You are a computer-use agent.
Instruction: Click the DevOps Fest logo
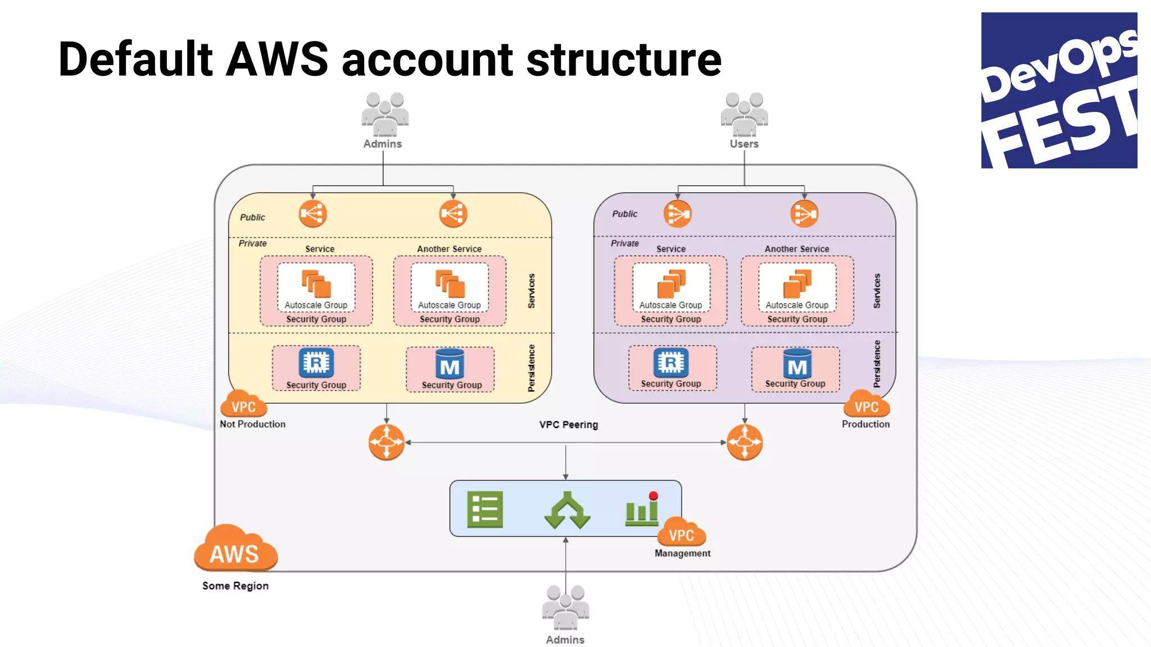tap(1059, 90)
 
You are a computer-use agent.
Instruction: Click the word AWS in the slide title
tap(277, 60)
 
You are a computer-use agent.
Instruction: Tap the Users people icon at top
tap(744, 115)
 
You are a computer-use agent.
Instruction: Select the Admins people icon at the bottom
tap(565, 608)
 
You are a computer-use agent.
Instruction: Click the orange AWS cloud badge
tap(235, 549)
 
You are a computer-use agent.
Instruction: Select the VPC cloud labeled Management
tap(681, 532)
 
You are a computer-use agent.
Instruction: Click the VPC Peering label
tap(568, 425)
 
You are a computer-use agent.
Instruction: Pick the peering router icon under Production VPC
tap(745, 442)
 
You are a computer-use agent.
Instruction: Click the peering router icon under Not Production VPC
tap(387, 442)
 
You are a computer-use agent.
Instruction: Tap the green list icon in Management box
tap(484, 510)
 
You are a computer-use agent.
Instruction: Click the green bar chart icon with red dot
tap(642, 509)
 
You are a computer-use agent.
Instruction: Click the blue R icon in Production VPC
tap(670, 363)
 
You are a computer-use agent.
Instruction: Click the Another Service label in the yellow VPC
tap(449, 249)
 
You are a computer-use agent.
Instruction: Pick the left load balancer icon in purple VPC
tap(677, 214)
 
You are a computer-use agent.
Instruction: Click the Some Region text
tap(235, 586)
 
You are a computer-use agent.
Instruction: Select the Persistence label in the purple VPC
tap(877, 364)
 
